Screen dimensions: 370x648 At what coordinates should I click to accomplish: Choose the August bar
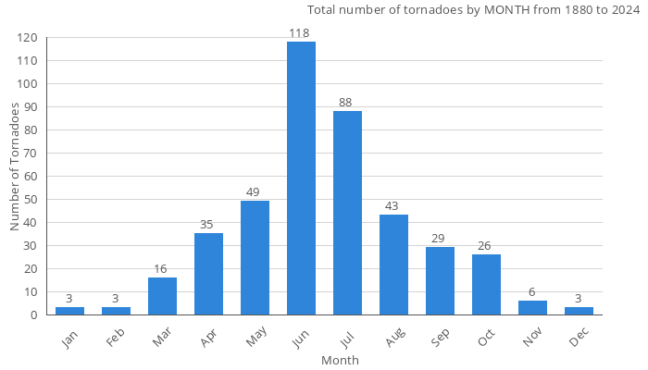pyautogui.click(x=393, y=265)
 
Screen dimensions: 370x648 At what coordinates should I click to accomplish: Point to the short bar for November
pyautogui.click(x=532, y=308)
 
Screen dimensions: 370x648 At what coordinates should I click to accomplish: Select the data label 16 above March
pyautogui.click(x=162, y=269)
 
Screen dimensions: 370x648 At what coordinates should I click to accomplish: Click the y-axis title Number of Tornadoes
pyautogui.click(x=15, y=167)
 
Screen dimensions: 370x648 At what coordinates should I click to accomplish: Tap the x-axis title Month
pyautogui.click(x=340, y=360)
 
